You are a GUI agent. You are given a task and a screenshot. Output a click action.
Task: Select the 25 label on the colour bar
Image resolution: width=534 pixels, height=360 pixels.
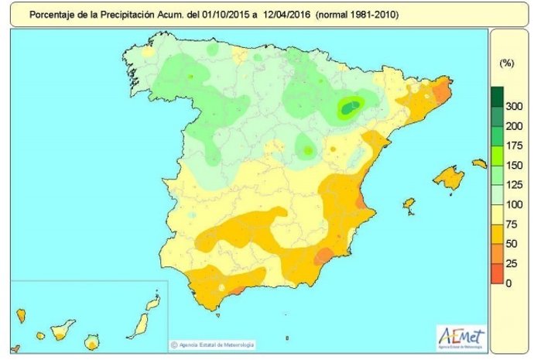coord(508,263)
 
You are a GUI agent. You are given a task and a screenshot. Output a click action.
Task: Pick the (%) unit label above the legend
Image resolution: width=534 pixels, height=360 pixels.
coord(508,61)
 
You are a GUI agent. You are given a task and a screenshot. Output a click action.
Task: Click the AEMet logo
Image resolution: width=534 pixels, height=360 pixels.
coord(461,338)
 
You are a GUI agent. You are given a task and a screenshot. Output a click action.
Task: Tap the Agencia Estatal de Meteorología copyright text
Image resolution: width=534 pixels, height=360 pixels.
coord(216,344)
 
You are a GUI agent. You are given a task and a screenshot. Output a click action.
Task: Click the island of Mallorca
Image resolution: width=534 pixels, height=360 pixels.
coord(448,178)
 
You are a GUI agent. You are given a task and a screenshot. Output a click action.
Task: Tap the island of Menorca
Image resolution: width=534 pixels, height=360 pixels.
coord(480,163)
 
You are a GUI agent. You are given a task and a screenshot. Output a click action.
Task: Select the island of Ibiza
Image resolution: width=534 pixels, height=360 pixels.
coord(409,205)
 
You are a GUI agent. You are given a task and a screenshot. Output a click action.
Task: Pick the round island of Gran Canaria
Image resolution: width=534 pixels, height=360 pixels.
coord(93,341)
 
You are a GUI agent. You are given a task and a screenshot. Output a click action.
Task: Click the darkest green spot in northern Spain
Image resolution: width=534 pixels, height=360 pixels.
coord(351,108)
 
